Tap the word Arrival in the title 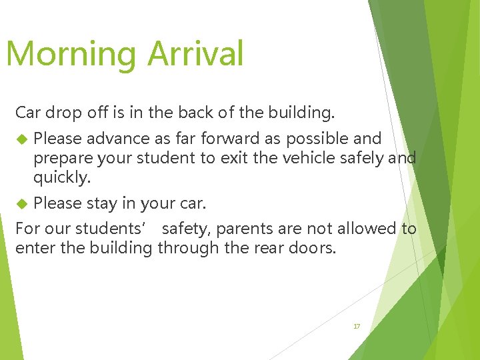(196, 53)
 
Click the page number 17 (357, 326)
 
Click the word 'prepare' (60, 159)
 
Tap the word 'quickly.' (60, 178)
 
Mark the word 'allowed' (365, 229)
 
